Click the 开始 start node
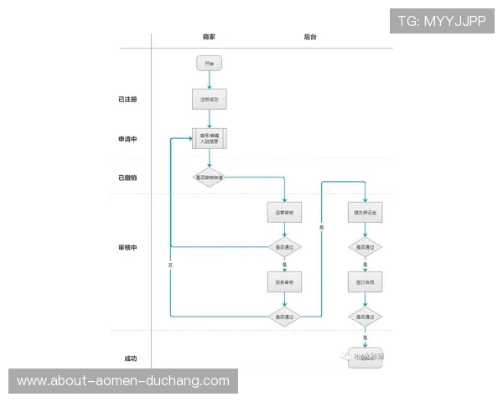209,64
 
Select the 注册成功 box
209,100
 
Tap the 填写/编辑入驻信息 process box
210,138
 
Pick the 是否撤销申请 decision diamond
210,178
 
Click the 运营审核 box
284,214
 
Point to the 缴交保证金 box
365,214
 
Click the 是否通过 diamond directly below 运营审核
284,247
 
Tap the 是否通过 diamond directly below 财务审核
284,317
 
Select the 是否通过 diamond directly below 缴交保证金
365,247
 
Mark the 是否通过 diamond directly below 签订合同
365,317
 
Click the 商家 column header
209,38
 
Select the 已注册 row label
127,100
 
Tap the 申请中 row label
127,139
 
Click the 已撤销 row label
127,178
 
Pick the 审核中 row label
127,248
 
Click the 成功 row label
130,358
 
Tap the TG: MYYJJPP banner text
442,21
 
